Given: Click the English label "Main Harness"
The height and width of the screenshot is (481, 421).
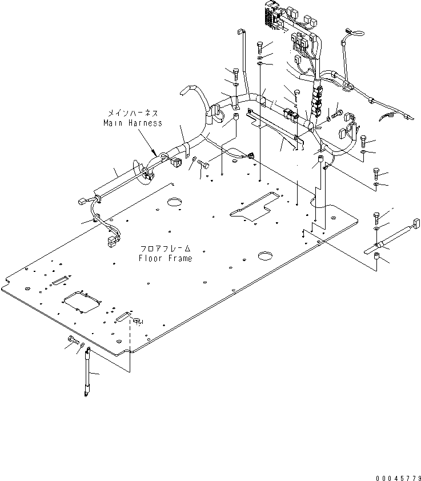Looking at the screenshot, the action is pyautogui.click(x=133, y=123).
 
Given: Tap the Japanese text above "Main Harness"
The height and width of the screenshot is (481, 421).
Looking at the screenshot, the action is pyautogui.click(x=133, y=113).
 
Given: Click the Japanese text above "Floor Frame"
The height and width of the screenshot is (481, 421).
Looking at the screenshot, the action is pyautogui.click(x=166, y=248).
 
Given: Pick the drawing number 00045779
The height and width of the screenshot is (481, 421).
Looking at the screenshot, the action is pyautogui.click(x=398, y=478).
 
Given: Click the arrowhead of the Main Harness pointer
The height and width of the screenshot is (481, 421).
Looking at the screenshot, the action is pyautogui.click(x=155, y=153).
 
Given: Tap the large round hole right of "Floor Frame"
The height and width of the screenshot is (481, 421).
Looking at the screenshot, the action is pyautogui.click(x=266, y=255).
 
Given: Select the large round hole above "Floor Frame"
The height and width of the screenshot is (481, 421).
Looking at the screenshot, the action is pyautogui.click(x=175, y=202).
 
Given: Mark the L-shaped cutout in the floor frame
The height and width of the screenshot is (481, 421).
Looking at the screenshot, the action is pyautogui.click(x=254, y=206).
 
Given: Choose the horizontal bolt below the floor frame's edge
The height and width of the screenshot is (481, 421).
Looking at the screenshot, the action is pyautogui.click(x=73, y=340).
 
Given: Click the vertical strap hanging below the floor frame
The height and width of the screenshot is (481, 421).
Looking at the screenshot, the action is pyautogui.click(x=87, y=372).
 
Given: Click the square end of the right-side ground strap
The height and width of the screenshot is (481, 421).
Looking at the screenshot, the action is pyautogui.click(x=416, y=223).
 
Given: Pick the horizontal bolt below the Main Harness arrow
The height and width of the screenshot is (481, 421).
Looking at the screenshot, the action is pyautogui.click(x=202, y=163).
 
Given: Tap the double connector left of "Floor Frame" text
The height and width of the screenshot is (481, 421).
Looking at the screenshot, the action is pyautogui.click(x=112, y=241).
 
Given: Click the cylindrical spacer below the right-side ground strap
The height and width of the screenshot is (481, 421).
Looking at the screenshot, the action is pyautogui.click(x=376, y=256).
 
